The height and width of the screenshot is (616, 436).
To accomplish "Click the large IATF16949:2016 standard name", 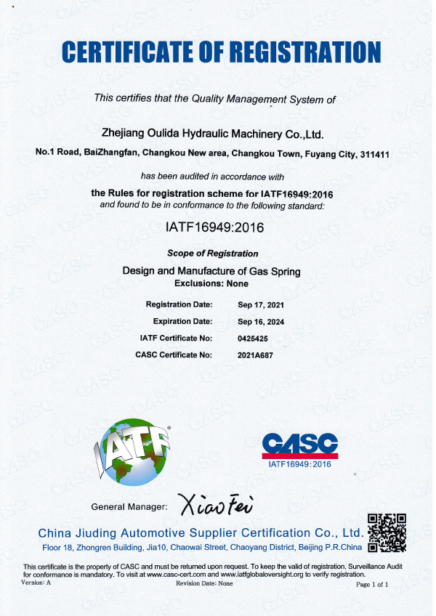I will pos(214,227).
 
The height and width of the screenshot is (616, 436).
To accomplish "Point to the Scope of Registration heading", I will pos(213,254).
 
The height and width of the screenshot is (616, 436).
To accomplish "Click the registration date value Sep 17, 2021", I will pos(261,304).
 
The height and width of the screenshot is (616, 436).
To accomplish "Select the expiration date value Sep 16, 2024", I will pos(261,321).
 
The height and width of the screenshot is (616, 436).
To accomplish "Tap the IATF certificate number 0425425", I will pos(254,338).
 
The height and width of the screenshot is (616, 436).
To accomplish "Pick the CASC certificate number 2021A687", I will pos(256,354).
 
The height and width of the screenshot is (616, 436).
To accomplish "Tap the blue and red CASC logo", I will pos(299,443).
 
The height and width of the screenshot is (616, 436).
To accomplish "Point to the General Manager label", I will pos(129,506).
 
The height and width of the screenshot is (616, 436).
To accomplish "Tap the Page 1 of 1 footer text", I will pos(373,583).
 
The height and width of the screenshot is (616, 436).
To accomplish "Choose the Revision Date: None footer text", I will pos(204,583).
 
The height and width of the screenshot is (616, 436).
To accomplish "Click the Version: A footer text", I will pos(37,583).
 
